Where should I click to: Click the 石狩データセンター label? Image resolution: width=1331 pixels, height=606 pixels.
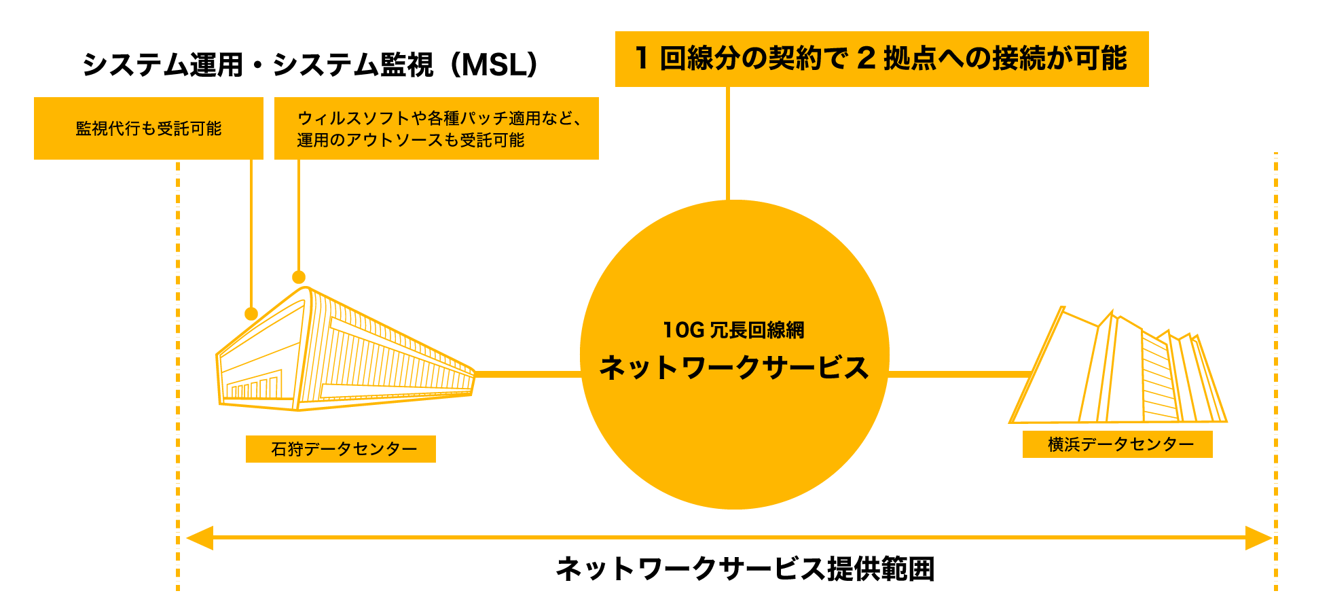tap(341, 449)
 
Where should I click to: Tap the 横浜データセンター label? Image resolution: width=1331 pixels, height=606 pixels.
tap(1117, 444)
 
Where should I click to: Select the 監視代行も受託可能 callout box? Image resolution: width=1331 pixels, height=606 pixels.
tap(149, 128)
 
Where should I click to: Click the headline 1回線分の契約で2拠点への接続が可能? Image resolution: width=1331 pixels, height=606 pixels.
tap(881, 59)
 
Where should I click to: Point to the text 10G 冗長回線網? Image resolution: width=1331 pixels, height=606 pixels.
tap(733, 330)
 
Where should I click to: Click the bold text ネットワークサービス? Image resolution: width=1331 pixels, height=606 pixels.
tap(733, 368)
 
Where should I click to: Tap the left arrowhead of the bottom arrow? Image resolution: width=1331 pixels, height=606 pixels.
tap(200, 538)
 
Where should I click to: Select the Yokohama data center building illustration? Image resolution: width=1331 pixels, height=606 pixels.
tap(1120, 370)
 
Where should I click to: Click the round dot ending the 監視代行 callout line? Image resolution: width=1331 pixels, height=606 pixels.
tap(251, 314)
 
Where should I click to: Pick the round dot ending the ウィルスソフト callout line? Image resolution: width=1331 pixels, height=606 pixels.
tap(299, 277)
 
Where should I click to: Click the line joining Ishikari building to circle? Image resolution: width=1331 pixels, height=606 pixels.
tap(528, 374)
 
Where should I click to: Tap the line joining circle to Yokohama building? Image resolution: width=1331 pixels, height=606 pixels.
tap(959, 374)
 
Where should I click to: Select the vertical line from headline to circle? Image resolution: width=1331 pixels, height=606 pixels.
tap(727, 143)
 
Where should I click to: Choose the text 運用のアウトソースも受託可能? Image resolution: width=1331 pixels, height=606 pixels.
tap(410, 140)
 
